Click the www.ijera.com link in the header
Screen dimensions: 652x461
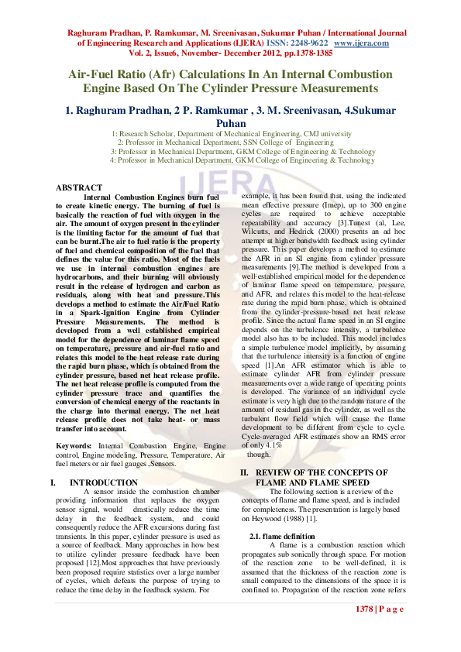click(x=362, y=43)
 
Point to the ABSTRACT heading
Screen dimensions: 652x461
click(x=79, y=188)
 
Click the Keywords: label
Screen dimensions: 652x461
click(x=74, y=446)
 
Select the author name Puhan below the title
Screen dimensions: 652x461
click(x=231, y=122)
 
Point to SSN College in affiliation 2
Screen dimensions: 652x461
click(x=265, y=142)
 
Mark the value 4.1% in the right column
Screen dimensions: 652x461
click(x=271, y=446)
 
